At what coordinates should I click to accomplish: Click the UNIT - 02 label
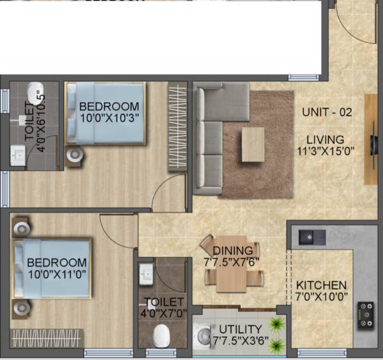[x=327, y=112]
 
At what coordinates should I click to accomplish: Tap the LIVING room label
[x=325, y=139]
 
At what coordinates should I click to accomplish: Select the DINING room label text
[x=232, y=251]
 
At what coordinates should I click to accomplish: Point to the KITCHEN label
[x=321, y=285]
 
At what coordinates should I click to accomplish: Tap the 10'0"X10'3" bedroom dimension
[x=109, y=117]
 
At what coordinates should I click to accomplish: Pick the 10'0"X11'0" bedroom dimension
[x=56, y=274]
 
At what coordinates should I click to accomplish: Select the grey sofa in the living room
[x=207, y=138]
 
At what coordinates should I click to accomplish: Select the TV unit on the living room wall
[x=370, y=139]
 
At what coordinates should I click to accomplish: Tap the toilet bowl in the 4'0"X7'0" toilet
[x=163, y=334]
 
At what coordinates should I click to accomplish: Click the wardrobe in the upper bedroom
[x=177, y=127]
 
